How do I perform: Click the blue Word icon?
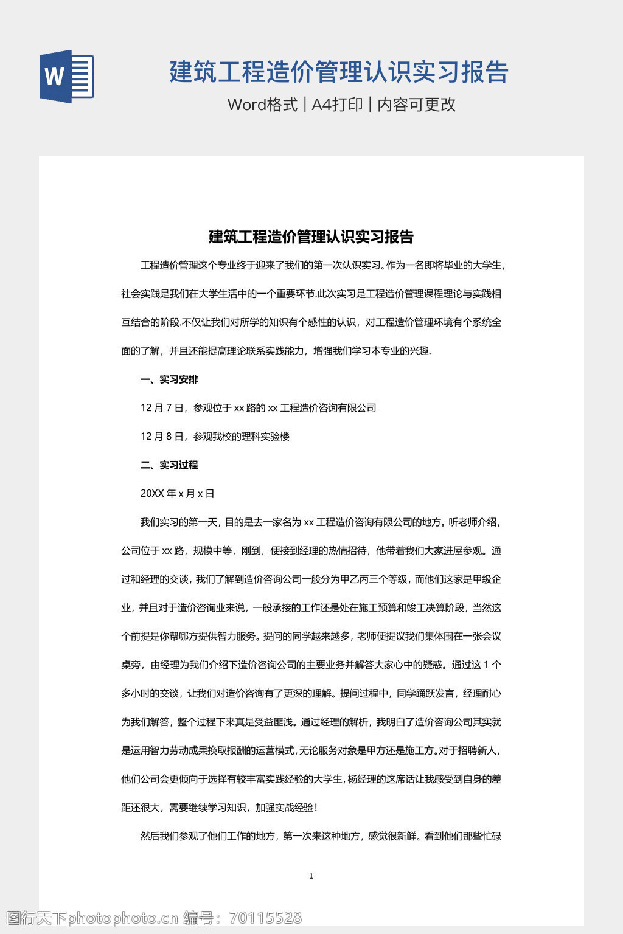tap(67, 77)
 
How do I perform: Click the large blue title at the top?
tap(339, 72)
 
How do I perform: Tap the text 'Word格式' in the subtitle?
tap(262, 105)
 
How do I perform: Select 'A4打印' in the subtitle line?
tap(337, 105)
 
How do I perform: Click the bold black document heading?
tap(311, 237)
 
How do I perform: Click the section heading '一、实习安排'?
tap(169, 379)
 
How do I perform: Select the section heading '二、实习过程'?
tap(169, 465)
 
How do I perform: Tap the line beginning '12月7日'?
tap(258, 408)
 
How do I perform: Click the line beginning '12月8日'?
tap(215, 437)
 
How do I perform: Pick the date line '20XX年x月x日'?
tap(177, 494)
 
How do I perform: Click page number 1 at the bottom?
tap(311, 876)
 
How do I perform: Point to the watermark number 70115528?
tap(265, 918)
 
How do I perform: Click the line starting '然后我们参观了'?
tap(321, 836)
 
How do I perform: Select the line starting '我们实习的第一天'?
tap(321, 522)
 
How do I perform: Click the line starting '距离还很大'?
tap(219, 808)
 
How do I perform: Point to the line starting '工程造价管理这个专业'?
tap(322, 265)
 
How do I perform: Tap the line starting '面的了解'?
tap(276, 351)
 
